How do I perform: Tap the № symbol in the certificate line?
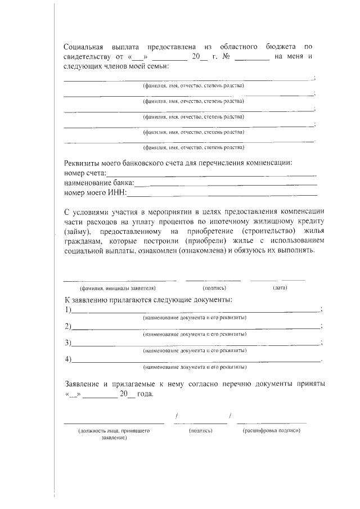[x=225, y=56]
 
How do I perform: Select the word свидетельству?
[x=87, y=56]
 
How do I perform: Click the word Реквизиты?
[x=83, y=164]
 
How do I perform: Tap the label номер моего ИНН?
[x=96, y=193]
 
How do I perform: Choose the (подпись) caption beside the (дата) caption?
[x=214, y=288]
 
